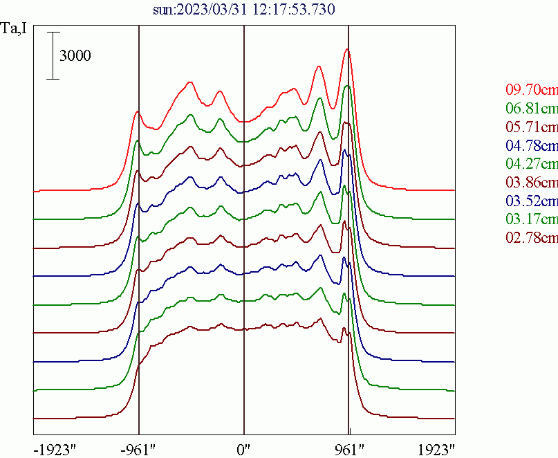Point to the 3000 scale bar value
[75, 56]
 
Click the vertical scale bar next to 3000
[53, 55]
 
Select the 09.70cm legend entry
[531, 90]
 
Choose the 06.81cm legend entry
[531, 109]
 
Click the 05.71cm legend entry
[531, 127]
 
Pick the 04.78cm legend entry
[531, 146]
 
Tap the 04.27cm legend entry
[531, 165]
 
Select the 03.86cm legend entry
[531, 183]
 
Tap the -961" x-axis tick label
[138, 449]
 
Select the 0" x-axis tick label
[244, 449]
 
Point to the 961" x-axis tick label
[348, 449]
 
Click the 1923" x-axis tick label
[436, 449]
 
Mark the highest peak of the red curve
[348, 50]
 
